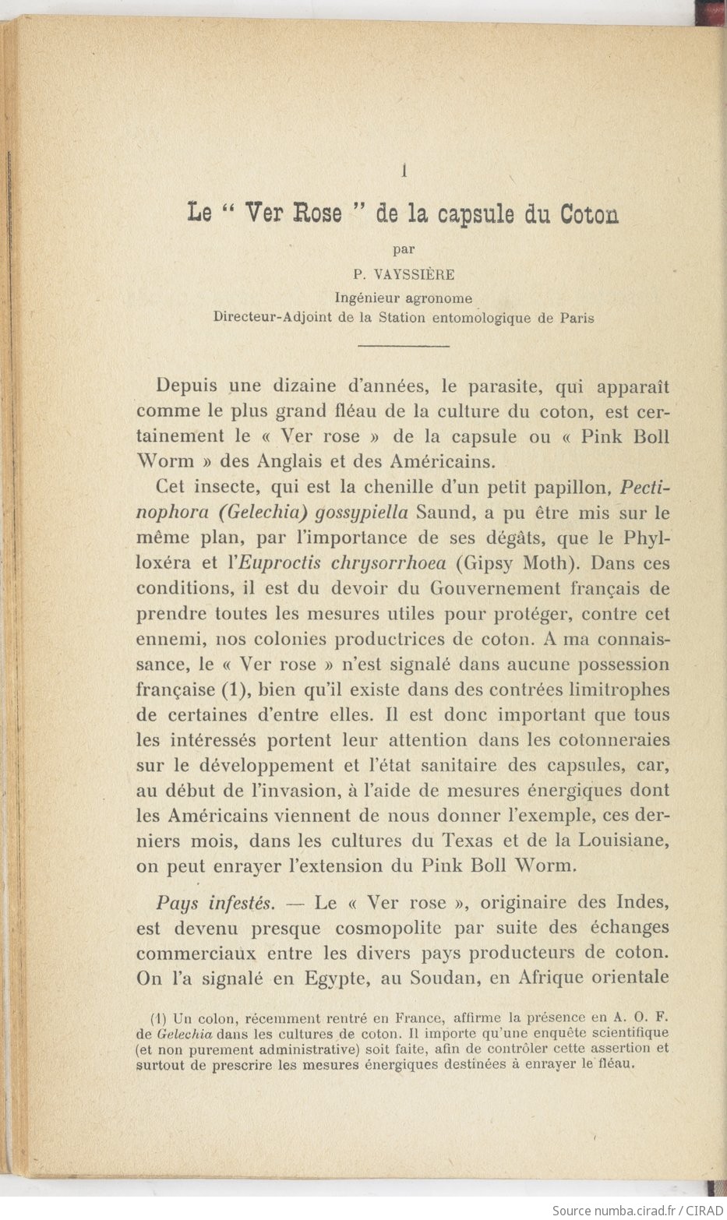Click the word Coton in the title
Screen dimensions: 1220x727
pyautogui.click(x=590, y=214)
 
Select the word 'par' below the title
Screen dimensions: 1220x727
pyautogui.click(x=404, y=250)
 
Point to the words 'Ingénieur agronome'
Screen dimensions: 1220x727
pyautogui.click(x=404, y=297)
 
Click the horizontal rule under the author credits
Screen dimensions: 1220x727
pyautogui.click(x=404, y=344)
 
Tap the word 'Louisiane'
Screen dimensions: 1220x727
pyautogui.click(x=623, y=841)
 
